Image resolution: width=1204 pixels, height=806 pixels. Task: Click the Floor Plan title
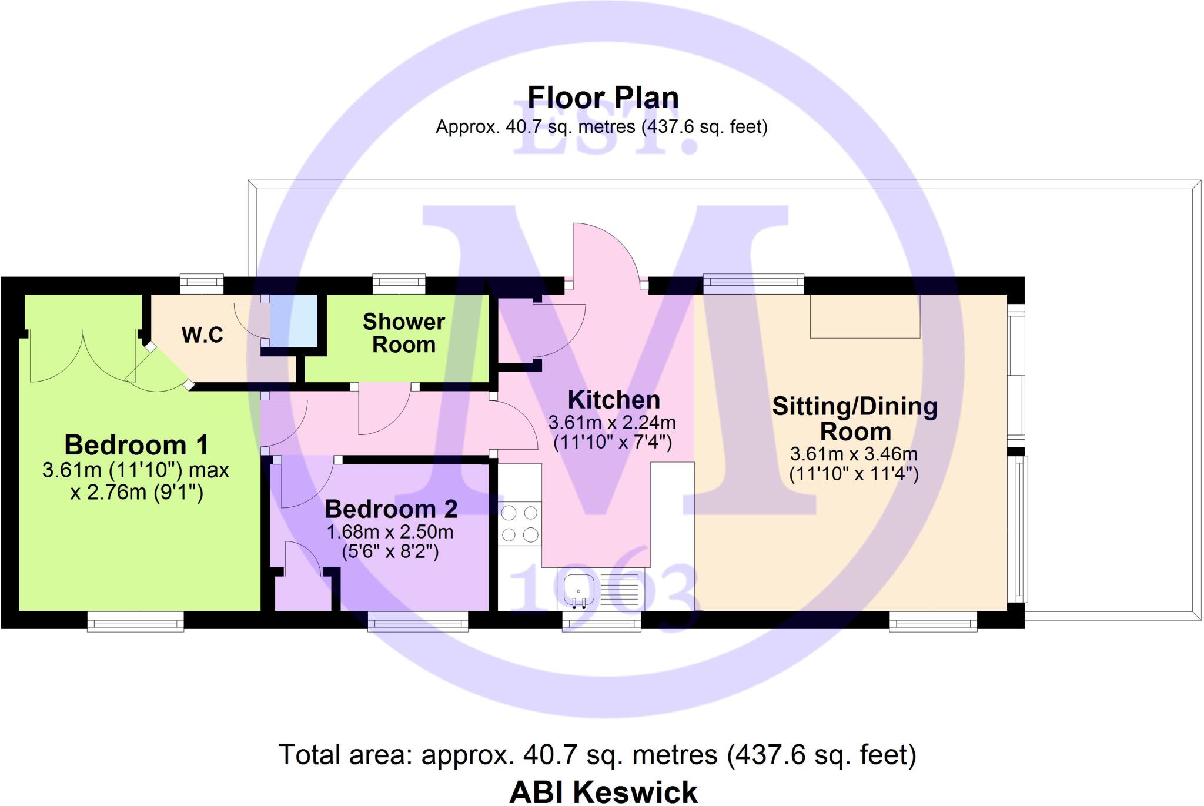coord(603,98)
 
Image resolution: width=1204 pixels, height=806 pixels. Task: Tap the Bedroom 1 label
coord(136,445)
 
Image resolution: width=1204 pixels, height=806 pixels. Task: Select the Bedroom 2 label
coord(391,509)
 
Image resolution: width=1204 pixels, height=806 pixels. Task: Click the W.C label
coord(202,335)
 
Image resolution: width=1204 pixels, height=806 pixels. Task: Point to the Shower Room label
coord(403,333)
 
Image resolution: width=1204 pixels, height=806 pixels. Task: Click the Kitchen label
coord(614,400)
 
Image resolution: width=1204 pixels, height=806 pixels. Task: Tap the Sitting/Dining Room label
coord(855,419)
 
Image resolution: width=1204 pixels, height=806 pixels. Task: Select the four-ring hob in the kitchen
coord(520,523)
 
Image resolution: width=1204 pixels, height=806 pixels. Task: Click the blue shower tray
coord(293,320)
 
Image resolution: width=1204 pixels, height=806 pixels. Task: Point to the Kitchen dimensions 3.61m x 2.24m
coord(612,423)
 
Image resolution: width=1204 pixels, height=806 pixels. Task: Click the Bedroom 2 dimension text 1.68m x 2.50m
coord(390,532)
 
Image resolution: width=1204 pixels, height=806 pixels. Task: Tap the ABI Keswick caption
coord(603,791)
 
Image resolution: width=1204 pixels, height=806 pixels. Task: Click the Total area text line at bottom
coord(597,755)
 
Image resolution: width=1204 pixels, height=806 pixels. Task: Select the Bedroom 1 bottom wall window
coord(135,621)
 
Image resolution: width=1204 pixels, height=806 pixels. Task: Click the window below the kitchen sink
coord(601,621)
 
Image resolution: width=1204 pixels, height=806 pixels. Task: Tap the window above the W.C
coord(202,284)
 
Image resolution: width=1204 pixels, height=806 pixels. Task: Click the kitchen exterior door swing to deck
coord(606,253)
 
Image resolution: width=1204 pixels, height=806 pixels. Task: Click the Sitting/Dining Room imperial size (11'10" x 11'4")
coord(854,474)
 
